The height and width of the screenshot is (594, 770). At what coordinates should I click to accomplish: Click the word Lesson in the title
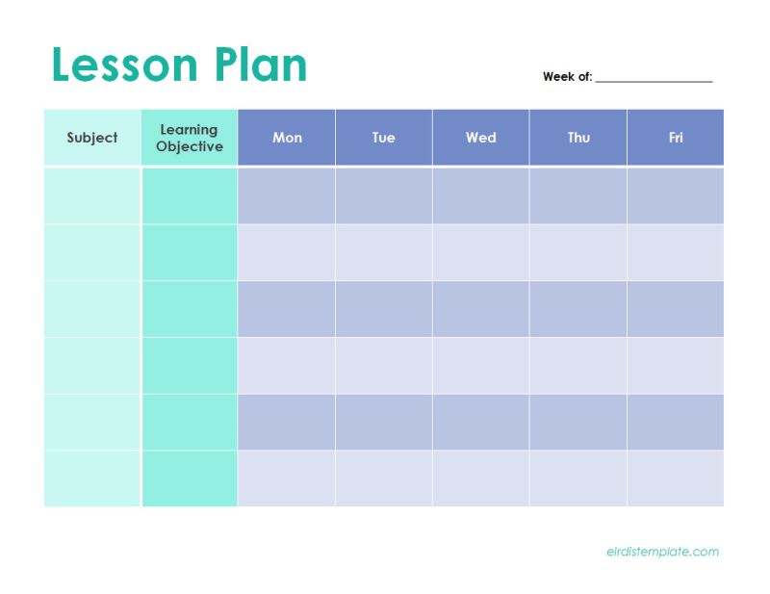pyautogui.click(x=124, y=65)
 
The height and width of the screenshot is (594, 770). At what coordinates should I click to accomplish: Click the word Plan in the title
pyautogui.click(x=261, y=65)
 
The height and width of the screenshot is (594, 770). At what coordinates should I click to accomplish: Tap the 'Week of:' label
pyautogui.click(x=567, y=77)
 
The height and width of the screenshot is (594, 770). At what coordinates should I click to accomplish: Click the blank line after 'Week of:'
pyautogui.click(x=654, y=79)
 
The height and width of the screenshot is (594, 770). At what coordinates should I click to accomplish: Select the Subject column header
pyautogui.click(x=92, y=138)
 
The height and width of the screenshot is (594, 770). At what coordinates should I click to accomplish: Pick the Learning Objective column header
pyautogui.click(x=190, y=138)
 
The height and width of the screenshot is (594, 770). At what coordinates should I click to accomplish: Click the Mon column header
pyautogui.click(x=287, y=138)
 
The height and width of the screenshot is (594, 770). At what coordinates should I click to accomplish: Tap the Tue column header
pyautogui.click(x=384, y=138)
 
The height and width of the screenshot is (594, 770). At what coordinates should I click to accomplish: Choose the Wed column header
pyautogui.click(x=481, y=138)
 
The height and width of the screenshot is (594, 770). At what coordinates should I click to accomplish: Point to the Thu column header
pyautogui.click(x=578, y=138)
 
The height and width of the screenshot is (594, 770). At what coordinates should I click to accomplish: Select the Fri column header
pyautogui.click(x=676, y=138)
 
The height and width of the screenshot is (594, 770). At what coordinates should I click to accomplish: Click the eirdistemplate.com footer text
pyautogui.click(x=662, y=552)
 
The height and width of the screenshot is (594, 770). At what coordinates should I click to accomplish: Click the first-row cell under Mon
pyautogui.click(x=287, y=195)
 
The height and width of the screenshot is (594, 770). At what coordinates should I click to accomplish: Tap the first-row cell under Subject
pyautogui.click(x=92, y=195)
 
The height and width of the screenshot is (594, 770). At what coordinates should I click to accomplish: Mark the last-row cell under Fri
pyautogui.click(x=676, y=478)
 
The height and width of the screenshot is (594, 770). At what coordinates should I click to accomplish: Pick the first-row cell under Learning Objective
pyautogui.click(x=190, y=195)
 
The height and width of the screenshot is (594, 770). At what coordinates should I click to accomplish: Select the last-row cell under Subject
pyautogui.click(x=92, y=478)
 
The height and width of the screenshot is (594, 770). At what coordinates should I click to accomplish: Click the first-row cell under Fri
pyautogui.click(x=676, y=195)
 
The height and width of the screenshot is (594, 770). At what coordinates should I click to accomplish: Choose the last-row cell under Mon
pyautogui.click(x=287, y=478)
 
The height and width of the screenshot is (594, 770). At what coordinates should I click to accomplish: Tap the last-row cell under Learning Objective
pyautogui.click(x=190, y=478)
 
